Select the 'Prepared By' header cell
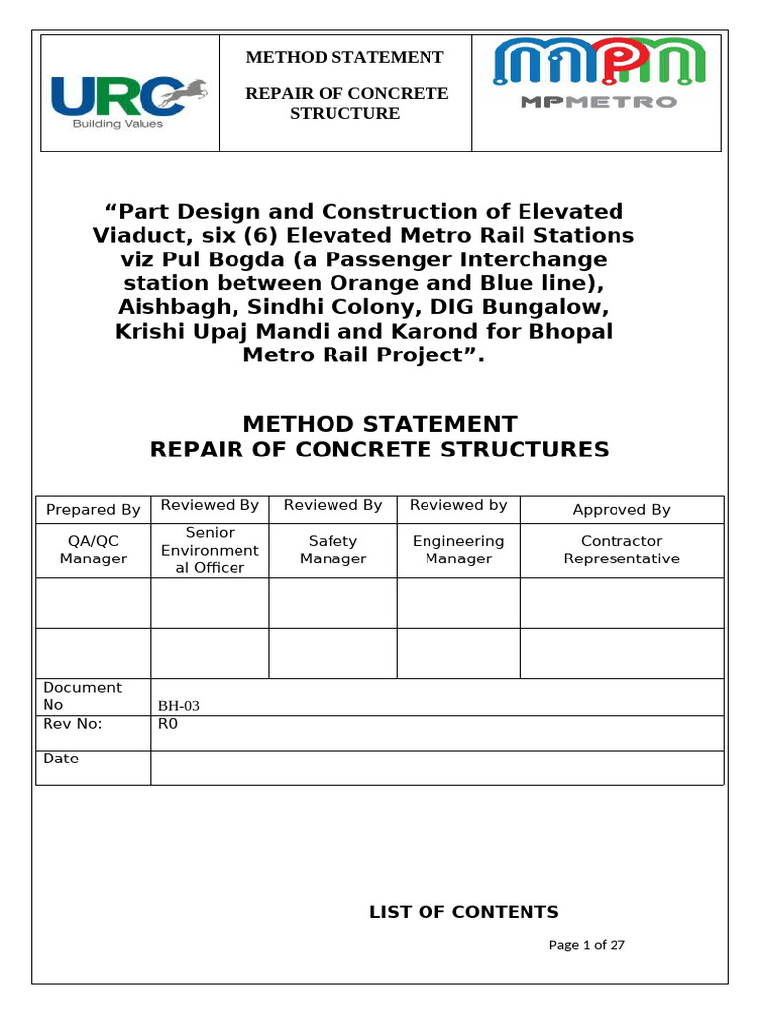pos(93,510)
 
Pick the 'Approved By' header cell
pos(621,510)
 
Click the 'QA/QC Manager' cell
pos(93,550)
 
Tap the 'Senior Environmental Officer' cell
pos(210,551)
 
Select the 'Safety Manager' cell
pos(332,550)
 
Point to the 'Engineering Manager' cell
pos(458,550)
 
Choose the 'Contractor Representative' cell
pos(621,550)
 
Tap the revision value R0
pos(168,724)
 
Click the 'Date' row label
pos(61,759)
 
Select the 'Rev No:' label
pos(73,724)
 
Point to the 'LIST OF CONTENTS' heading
pos(463,912)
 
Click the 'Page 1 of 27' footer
pos(587,945)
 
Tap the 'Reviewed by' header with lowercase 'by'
pos(458,505)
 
